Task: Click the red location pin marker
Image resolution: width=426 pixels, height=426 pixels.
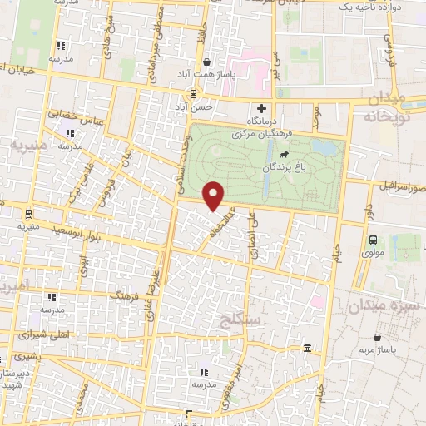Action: (214, 196)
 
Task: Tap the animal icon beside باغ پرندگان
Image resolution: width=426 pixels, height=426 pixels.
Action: (285, 154)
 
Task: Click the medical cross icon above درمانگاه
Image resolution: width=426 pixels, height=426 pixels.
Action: (262, 108)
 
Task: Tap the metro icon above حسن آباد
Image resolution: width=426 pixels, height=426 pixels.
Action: (193, 93)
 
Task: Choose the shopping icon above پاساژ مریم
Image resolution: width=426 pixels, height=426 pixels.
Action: (379, 338)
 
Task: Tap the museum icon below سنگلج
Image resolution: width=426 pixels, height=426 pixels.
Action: (308, 347)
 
